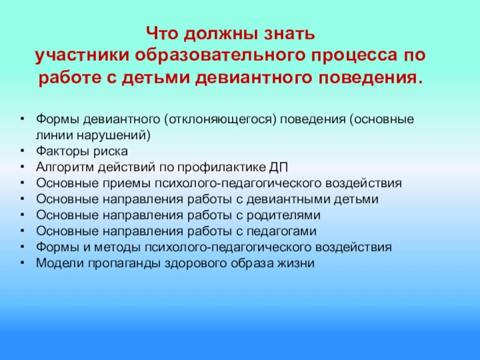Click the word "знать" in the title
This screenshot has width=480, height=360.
(290, 34)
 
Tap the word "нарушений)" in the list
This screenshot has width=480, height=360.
(113, 136)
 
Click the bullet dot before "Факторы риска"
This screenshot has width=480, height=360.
(22, 151)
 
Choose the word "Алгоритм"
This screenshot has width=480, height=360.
(65, 167)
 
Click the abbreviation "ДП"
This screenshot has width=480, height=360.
(278, 168)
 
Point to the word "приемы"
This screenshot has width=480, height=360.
(127, 184)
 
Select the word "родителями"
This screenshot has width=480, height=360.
(283, 215)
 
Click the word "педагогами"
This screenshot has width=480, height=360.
(281, 232)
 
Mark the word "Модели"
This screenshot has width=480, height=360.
(59, 263)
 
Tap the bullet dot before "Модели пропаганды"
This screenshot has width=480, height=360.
(22, 263)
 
